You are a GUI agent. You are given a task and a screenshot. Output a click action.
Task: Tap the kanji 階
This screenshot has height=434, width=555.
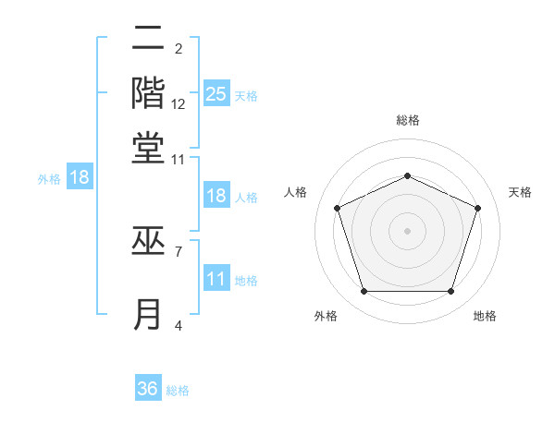(x=148, y=93)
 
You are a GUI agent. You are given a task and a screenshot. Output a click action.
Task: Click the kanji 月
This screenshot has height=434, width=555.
(x=148, y=314)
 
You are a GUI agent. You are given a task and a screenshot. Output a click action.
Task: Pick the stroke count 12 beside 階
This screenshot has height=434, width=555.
(x=179, y=104)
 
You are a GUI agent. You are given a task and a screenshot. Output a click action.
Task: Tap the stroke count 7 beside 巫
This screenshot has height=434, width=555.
(x=179, y=250)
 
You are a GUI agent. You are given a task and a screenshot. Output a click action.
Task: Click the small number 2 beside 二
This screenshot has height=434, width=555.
(x=179, y=49)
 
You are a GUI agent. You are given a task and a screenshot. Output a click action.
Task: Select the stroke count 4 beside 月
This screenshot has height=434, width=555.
(x=179, y=324)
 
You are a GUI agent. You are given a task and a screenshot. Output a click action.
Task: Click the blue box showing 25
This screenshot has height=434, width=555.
(x=216, y=94)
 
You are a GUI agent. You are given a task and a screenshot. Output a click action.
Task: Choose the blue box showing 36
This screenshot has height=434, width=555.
(x=147, y=389)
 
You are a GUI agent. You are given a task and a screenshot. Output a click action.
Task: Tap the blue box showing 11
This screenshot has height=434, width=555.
(x=216, y=280)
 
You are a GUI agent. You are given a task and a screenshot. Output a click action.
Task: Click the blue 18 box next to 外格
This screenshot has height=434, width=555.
(x=80, y=178)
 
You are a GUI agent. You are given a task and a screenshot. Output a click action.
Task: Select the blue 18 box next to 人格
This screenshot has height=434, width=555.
(x=216, y=197)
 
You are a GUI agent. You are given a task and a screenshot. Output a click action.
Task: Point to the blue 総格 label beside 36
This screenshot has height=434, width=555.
(x=178, y=391)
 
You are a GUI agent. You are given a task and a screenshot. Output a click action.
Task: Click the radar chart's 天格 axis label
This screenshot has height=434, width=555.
(x=521, y=192)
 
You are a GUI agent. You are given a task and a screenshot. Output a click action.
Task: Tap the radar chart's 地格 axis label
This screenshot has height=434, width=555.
(x=485, y=316)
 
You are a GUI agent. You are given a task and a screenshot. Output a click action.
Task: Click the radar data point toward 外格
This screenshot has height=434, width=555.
(x=364, y=292)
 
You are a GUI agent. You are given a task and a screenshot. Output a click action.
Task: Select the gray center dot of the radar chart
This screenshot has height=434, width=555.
(x=407, y=230)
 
